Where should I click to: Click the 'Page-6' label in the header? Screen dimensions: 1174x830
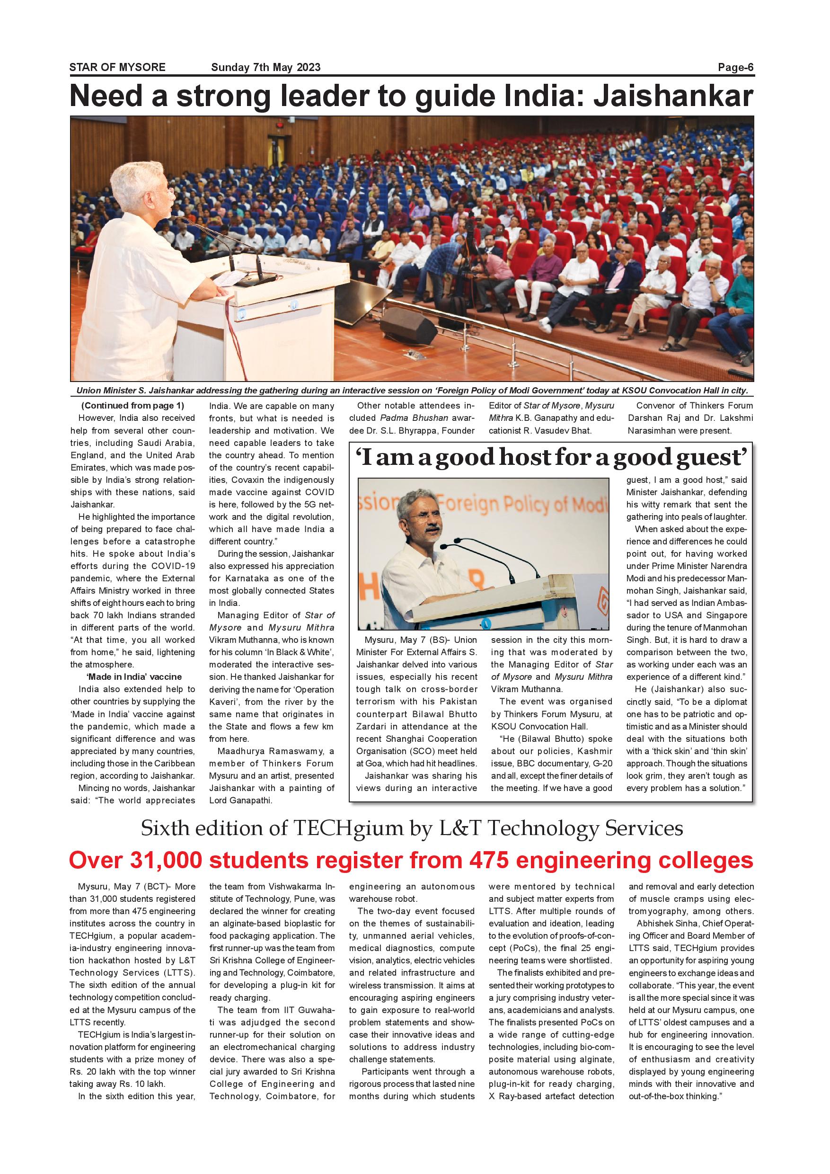[735, 68]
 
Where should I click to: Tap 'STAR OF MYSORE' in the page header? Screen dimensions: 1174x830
[117, 68]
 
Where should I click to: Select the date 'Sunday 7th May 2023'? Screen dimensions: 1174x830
[266, 68]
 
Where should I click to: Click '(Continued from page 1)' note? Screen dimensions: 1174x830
[132, 406]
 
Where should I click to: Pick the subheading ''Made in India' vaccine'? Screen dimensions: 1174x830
[134, 677]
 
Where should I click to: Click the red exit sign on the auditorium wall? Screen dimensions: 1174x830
[279, 124]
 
